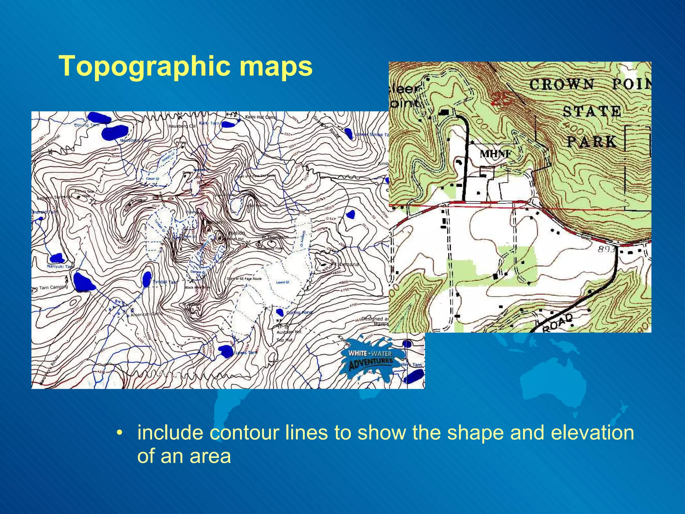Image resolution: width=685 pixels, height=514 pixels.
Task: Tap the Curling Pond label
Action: pyautogui.click(x=299, y=313)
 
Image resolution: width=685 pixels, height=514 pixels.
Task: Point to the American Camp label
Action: pyautogui.click(x=146, y=315)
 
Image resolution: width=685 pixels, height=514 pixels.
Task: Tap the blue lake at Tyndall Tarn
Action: pyautogui.click(x=147, y=279)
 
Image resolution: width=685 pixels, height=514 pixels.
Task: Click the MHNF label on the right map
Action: pyautogui.click(x=496, y=154)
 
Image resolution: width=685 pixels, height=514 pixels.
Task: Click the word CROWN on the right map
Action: pyautogui.click(x=562, y=84)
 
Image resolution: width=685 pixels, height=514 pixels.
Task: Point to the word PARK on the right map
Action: pyautogui.click(x=591, y=142)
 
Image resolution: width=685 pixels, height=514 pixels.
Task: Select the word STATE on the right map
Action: pyautogui.click(x=591, y=111)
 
